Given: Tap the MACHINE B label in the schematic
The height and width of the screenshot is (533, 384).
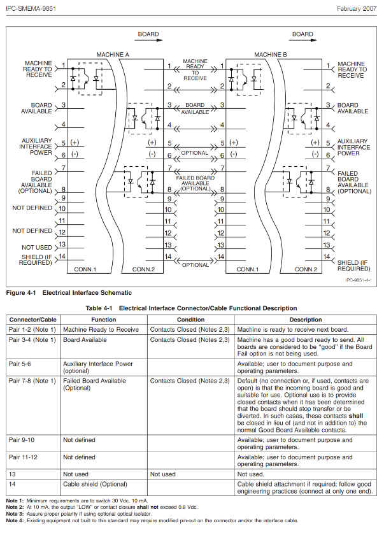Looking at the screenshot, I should pyautogui.click(x=271, y=55).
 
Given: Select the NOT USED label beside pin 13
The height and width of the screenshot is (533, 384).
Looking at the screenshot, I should pyautogui.click(x=37, y=247).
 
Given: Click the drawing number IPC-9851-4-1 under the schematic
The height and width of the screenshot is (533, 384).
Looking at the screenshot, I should pyautogui.click(x=359, y=280).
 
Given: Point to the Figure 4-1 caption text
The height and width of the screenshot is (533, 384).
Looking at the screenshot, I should pyautogui.click(x=69, y=293).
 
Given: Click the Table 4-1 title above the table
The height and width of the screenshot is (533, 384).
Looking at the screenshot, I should pyautogui.click(x=191, y=308).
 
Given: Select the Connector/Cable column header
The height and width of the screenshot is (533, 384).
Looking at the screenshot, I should pyautogui.click(x=32, y=320).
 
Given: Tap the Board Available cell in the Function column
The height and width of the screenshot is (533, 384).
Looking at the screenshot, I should pyautogui.click(x=85, y=340).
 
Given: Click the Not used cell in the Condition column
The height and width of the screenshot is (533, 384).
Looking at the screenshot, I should pyautogui.click(x=162, y=474).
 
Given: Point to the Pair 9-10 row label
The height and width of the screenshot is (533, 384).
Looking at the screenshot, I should pyautogui.click(x=25, y=440).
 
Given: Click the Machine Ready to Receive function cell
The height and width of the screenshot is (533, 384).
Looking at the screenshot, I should pyautogui.click(x=101, y=330).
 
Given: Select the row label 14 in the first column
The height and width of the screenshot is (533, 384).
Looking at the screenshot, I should pyautogui.click(x=12, y=485).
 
